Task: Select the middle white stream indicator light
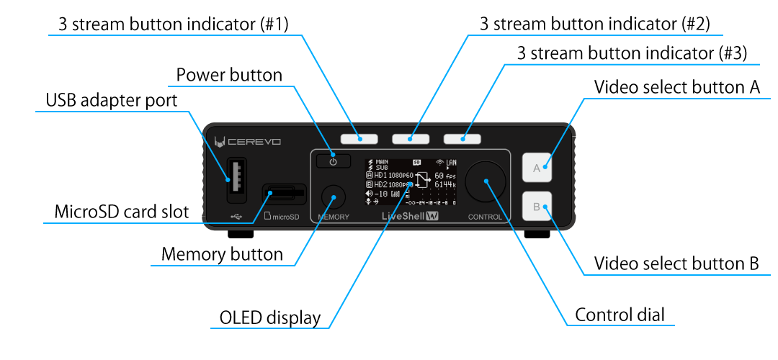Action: [x=410, y=138]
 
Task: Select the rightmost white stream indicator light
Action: [x=462, y=138]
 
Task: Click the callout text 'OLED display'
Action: [x=269, y=318]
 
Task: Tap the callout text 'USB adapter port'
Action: [x=111, y=100]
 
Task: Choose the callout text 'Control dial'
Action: [x=620, y=315]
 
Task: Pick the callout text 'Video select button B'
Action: [x=676, y=264]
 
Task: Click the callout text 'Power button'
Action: [x=229, y=75]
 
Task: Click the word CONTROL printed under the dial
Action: [x=486, y=217]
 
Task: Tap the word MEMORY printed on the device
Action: [x=332, y=217]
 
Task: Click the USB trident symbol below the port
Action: [x=236, y=215]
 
